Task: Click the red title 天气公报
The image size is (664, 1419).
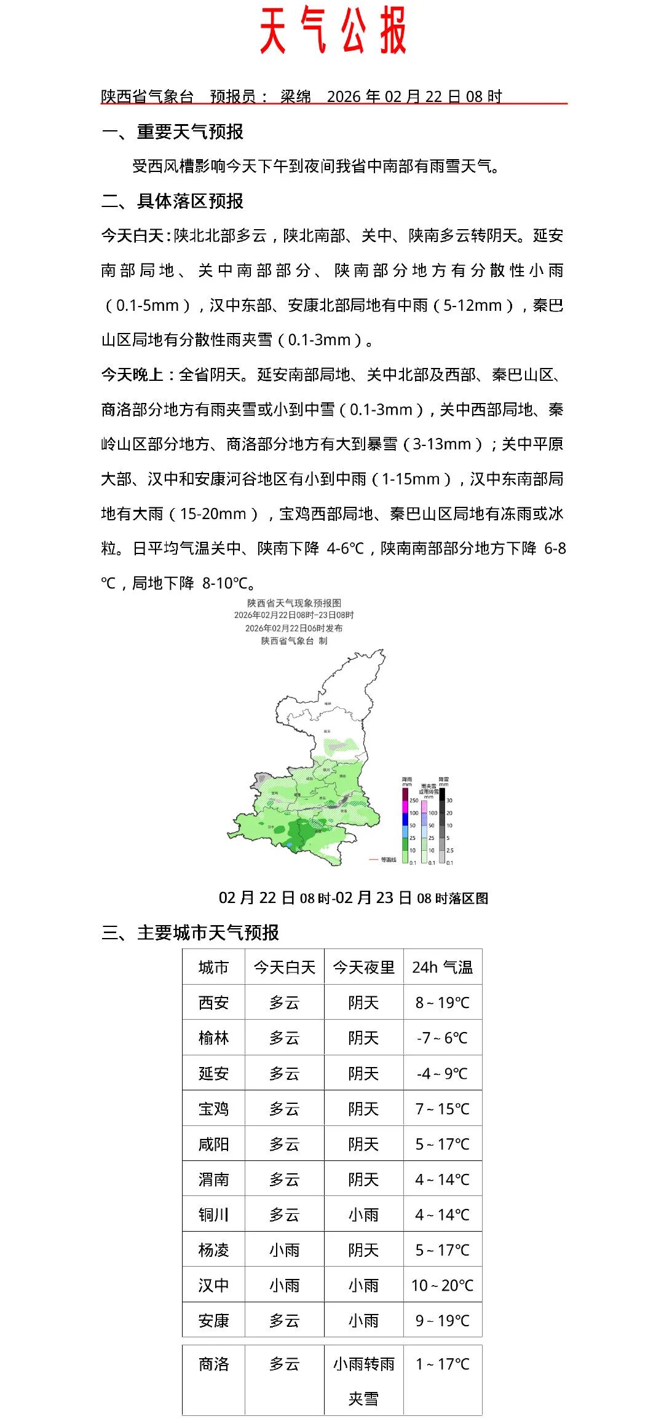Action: pyautogui.click(x=333, y=31)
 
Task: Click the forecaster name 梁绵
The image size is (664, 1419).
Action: pyautogui.click(x=296, y=96)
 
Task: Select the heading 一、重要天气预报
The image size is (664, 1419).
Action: pyautogui.click(x=173, y=131)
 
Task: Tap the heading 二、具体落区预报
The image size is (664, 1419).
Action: pyautogui.click(x=173, y=201)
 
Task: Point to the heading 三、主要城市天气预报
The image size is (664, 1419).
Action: pyautogui.click(x=190, y=932)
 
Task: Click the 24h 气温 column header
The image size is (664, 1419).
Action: pyautogui.click(x=443, y=968)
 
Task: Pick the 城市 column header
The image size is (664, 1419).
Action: pyautogui.click(x=213, y=968)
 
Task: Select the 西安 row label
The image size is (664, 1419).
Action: pyautogui.click(x=213, y=1003)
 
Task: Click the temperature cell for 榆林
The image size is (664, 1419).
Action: pyautogui.click(x=443, y=1038)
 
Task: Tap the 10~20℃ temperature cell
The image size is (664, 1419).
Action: pyautogui.click(x=443, y=1285)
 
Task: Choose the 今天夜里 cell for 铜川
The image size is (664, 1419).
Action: pyautogui.click(x=363, y=1214)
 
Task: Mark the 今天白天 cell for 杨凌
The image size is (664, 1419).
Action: pyautogui.click(x=284, y=1250)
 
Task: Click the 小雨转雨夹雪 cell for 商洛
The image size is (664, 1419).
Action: pyautogui.click(x=363, y=1381)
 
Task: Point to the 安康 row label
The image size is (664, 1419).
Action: pyautogui.click(x=213, y=1321)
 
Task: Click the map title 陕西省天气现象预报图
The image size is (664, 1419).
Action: pyautogui.click(x=294, y=603)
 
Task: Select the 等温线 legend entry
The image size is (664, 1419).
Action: pyautogui.click(x=388, y=859)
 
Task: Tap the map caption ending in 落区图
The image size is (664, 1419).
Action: pyautogui.click(x=354, y=898)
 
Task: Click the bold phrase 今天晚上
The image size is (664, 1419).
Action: pyautogui.click(x=132, y=375)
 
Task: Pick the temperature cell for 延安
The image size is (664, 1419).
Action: pyautogui.click(x=443, y=1073)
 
